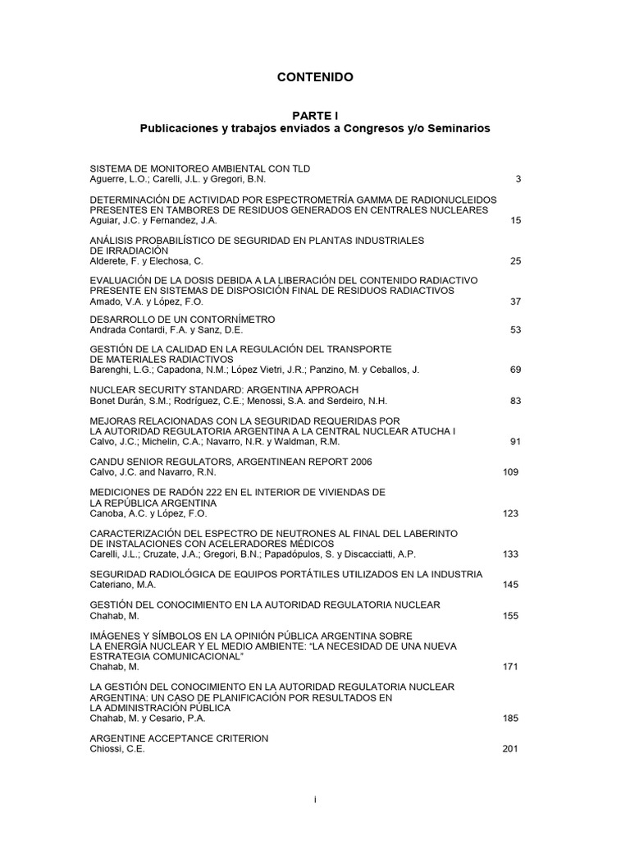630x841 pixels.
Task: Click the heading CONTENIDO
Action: coord(315,77)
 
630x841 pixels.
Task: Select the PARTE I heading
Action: coord(315,116)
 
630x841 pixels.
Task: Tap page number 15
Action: coord(515,220)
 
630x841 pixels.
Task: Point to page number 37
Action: coord(515,301)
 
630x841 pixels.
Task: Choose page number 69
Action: coord(515,370)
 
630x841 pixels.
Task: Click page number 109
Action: coord(509,472)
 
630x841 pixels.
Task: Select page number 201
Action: coord(509,748)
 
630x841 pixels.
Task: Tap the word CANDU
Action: coord(106,462)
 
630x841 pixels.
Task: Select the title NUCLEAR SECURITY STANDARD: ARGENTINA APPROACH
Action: coord(212,390)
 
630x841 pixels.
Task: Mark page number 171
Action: coord(509,666)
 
